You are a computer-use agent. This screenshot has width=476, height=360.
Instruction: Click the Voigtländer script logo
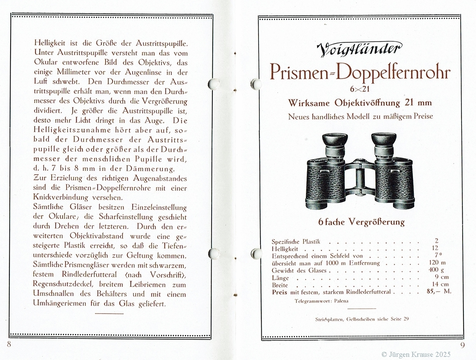tap(359, 49)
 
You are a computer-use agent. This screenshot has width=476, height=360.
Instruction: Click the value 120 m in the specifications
tap(436, 263)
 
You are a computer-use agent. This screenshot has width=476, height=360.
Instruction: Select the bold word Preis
tap(279, 292)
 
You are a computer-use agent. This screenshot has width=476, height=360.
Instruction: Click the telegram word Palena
tap(341, 301)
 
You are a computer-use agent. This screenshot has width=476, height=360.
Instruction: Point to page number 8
tap(9, 344)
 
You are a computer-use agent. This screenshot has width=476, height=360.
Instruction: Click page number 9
tap(462, 344)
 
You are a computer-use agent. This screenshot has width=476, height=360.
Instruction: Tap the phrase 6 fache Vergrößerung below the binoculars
tap(361, 222)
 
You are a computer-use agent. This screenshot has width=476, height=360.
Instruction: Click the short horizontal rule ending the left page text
tap(109, 313)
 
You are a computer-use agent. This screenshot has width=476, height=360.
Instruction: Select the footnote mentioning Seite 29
tap(362, 319)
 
